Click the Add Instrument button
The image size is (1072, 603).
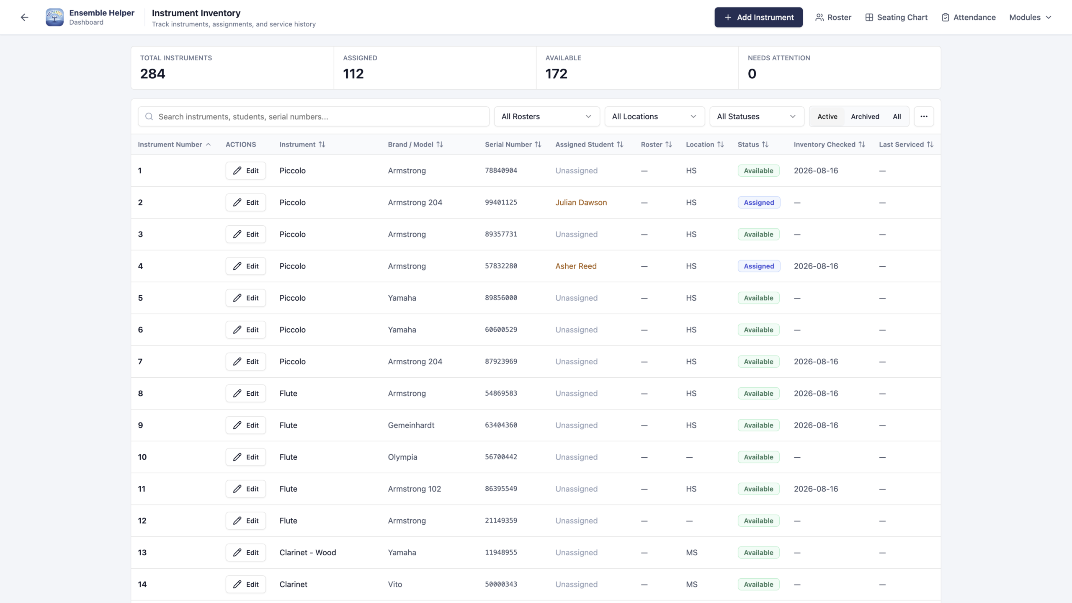coord(758,17)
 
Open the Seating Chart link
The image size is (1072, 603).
coord(896,17)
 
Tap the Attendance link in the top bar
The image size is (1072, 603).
coord(969,17)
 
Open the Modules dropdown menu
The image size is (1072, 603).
coord(1030,17)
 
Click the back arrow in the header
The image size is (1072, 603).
coord(24,17)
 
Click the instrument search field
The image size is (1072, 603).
coord(314,116)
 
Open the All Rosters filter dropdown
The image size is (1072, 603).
coord(547,116)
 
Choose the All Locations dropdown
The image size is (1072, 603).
coord(655,116)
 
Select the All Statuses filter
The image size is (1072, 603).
coord(757,116)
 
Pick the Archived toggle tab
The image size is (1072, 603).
coord(865,116)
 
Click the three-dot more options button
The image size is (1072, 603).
coord(924,116)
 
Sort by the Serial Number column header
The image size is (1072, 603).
coord(513,144)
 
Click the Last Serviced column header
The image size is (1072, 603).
coord(906,144)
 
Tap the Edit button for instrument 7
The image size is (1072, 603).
coord(246,361)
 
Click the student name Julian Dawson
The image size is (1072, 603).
coord(581,202)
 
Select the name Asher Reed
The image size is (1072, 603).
coord(576,266)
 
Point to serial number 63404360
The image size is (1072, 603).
coord(501,425)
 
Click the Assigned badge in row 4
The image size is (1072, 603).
coord(759,266)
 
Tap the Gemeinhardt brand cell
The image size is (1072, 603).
coord(411,425)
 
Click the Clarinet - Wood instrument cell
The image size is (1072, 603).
coord(308,552)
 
